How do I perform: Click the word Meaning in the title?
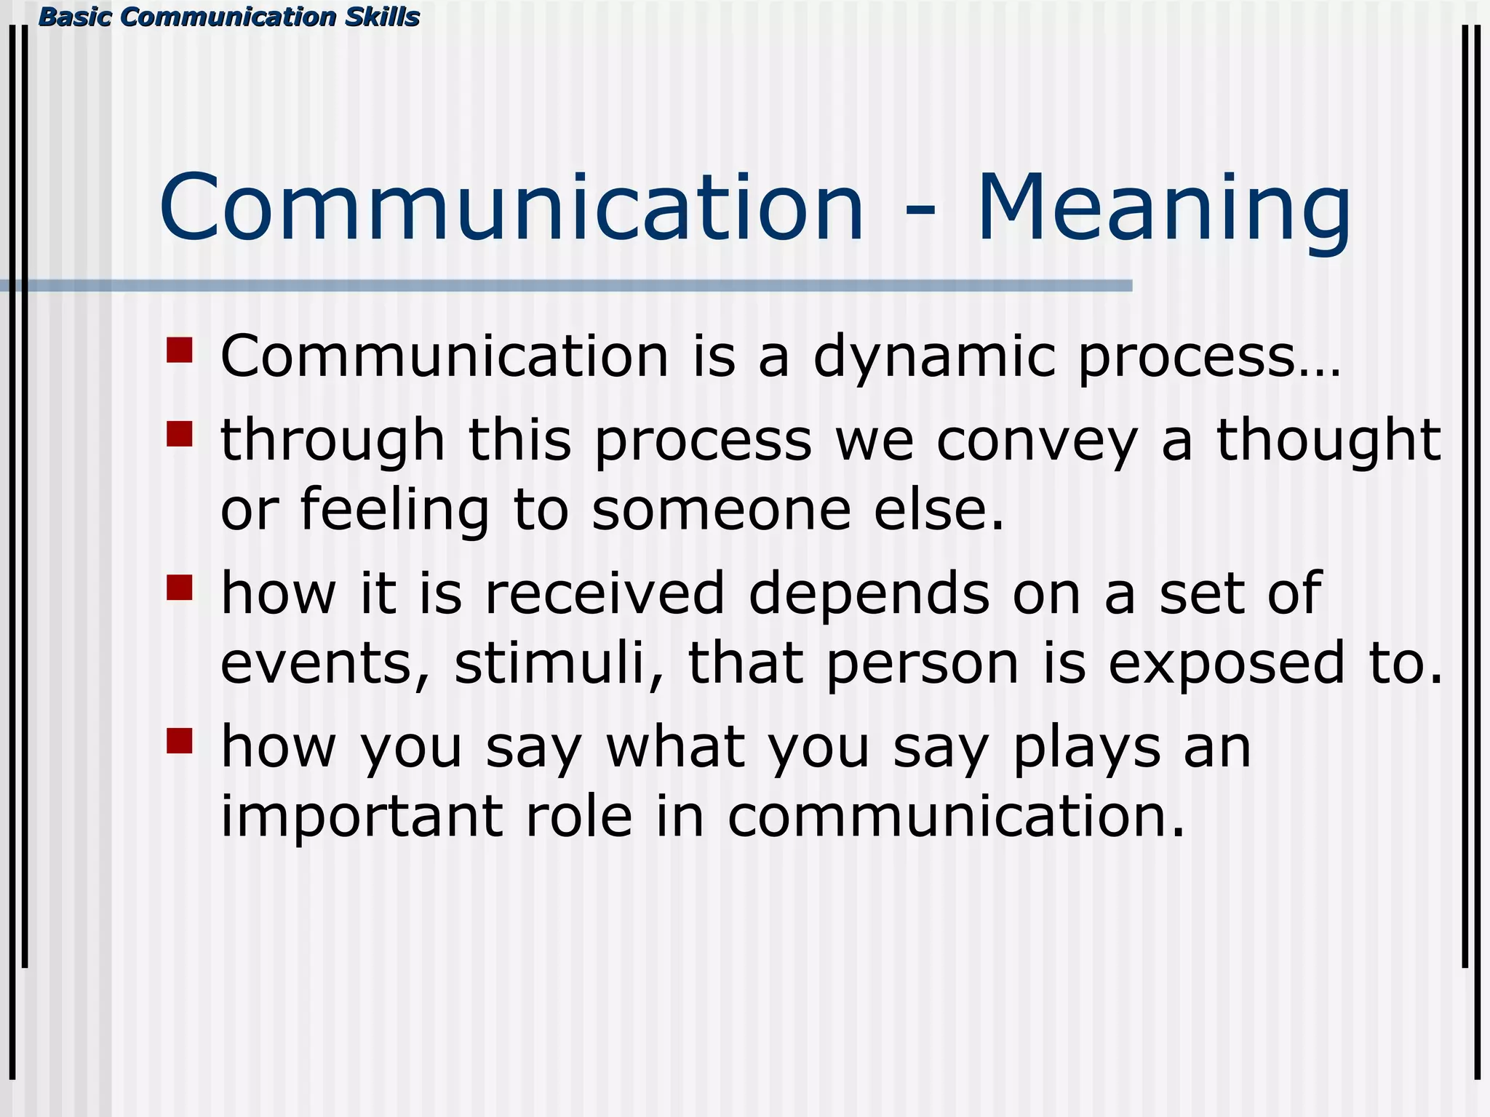click(1163, 211)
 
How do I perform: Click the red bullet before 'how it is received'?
click(179, 587)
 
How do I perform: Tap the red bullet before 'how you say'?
click(179, 740)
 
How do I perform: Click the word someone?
click(721, 511)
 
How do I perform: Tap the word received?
click(605, 595)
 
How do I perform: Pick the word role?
click(579, 817)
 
